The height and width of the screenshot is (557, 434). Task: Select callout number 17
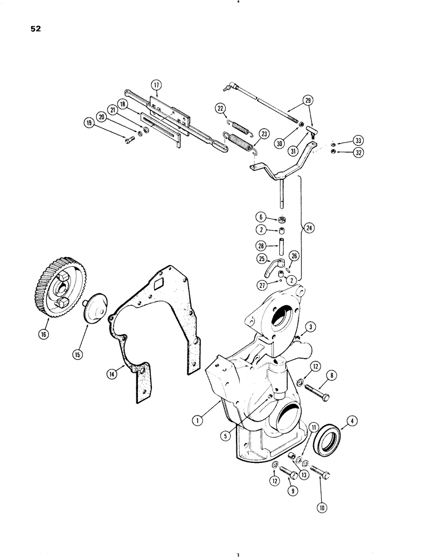click(x=156, y=85)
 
